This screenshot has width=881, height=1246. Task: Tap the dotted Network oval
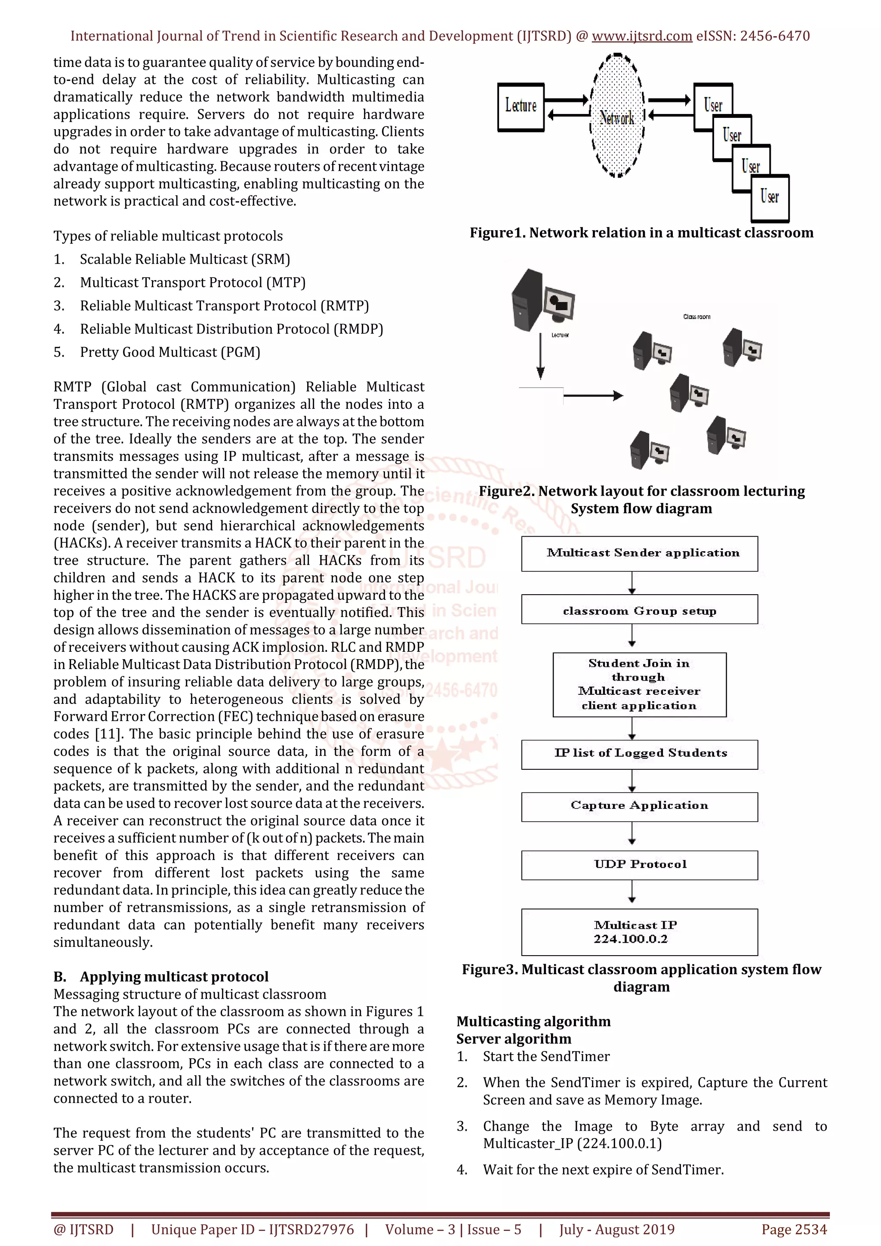617,116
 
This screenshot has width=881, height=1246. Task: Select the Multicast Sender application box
640,554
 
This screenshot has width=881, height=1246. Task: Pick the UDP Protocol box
640,864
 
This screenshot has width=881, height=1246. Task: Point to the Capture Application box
640,806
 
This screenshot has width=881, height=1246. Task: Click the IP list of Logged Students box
640,754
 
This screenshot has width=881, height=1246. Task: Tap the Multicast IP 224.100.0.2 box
640,932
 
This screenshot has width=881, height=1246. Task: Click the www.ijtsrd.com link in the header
642,37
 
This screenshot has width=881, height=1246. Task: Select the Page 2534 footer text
794,1229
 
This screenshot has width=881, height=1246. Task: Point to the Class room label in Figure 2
696,316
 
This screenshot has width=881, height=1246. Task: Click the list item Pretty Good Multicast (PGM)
170,352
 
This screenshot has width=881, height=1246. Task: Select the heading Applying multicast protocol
174,977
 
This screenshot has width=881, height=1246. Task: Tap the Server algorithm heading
513,1039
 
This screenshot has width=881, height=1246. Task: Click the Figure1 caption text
641,233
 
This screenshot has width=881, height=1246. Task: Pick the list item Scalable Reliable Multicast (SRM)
185,259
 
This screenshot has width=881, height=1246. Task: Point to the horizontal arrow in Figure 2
593,396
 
